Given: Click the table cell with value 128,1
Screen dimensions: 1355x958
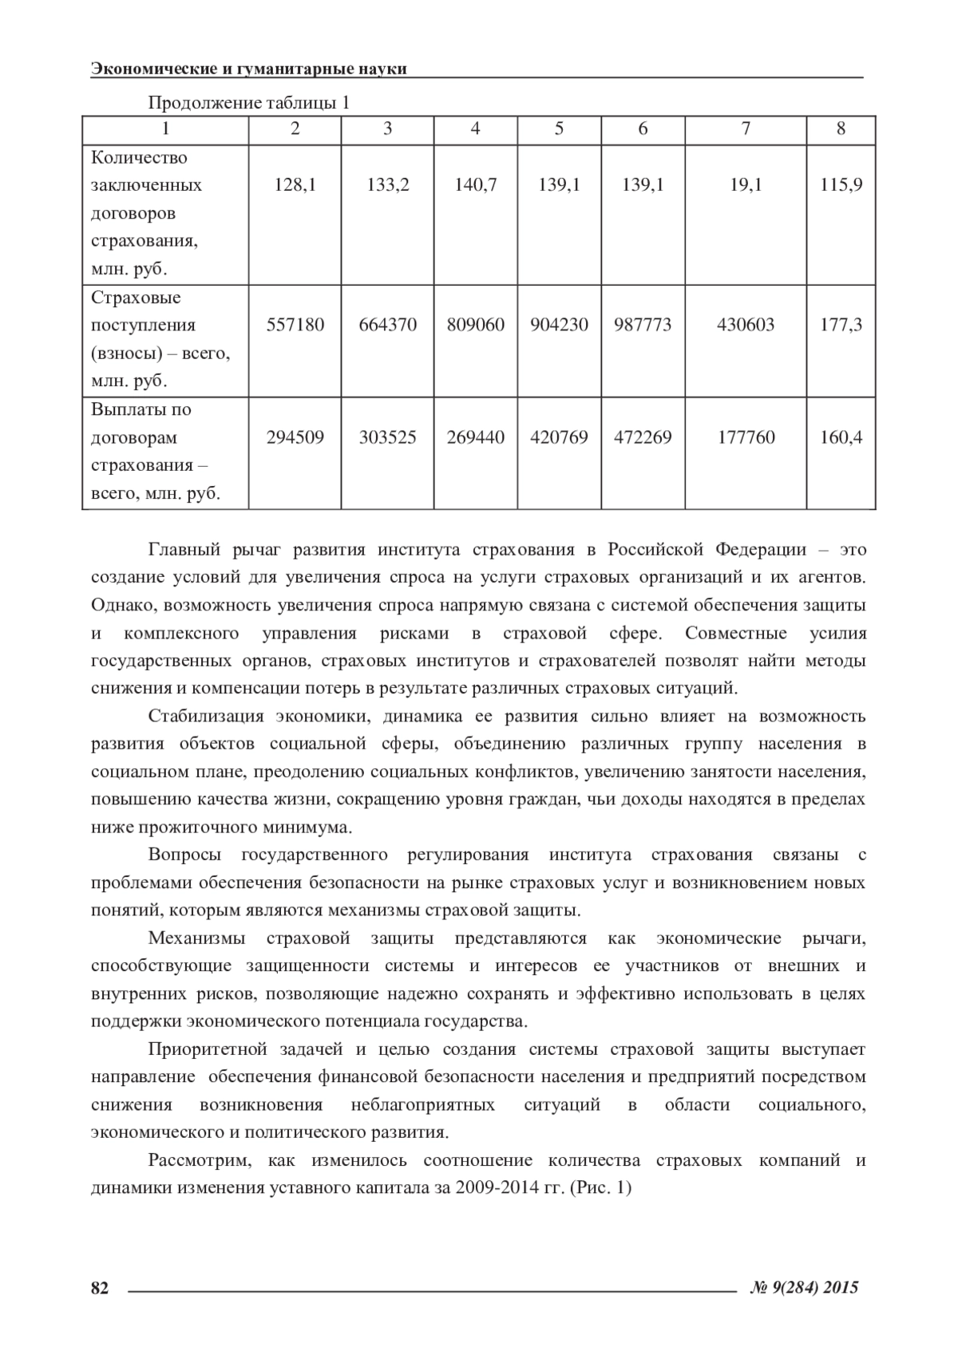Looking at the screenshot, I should click(295, 185).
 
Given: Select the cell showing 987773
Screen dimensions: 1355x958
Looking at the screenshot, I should click(643, 325).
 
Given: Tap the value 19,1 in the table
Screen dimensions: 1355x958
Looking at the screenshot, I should click(746, 185).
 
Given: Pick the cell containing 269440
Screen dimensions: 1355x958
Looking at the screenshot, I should click(475, 437).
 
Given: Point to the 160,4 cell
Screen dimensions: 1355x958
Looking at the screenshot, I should click(841, 437).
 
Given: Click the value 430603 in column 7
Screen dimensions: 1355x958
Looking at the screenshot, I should click(746, 325).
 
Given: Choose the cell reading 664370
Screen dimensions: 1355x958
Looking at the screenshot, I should click(387, 325).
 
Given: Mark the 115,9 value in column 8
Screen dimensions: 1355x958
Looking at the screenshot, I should click(841, 185).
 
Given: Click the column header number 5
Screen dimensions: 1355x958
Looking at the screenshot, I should click(559, 128).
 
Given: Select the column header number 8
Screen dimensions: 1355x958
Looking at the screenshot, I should click(841, 128).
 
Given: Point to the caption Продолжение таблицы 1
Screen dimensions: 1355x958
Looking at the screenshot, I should click(248, 103).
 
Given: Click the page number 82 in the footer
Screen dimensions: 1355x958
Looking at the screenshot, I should click(100, 1287).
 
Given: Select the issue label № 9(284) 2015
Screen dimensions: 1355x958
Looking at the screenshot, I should click(805, 1287).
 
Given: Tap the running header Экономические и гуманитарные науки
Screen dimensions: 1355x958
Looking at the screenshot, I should click(249, 69).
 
